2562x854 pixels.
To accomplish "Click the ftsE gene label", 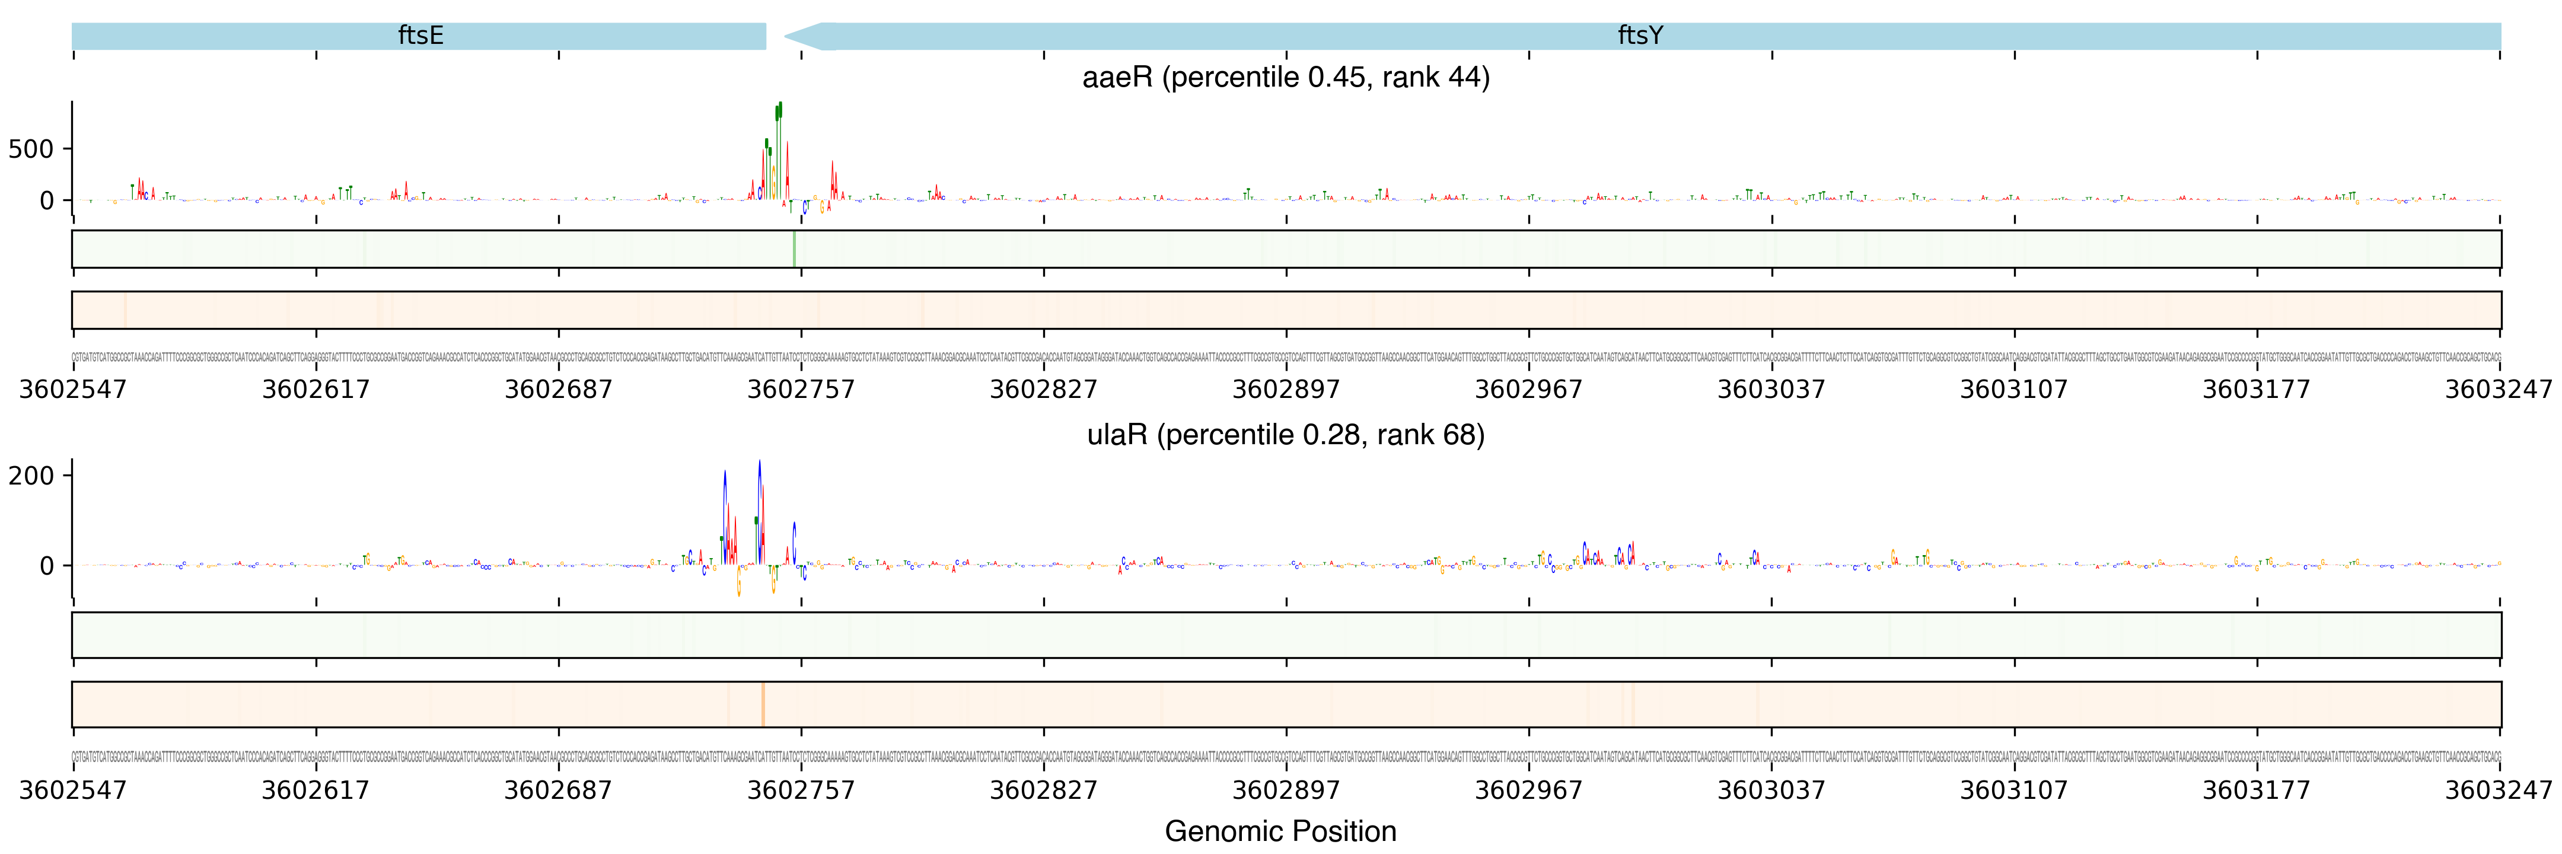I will pos(420,36).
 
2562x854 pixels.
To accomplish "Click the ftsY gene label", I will pos(1639,36).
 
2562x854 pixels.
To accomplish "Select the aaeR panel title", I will pos(1285,78).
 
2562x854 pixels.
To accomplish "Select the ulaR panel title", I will pos(1285,435).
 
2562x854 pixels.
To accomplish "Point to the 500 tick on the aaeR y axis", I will pos(31,149).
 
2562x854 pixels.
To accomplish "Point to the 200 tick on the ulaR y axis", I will pos(31,476).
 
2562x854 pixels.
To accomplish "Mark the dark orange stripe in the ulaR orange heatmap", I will pos(763,704).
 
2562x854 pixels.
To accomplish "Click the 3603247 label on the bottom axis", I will pos(2499,791).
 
